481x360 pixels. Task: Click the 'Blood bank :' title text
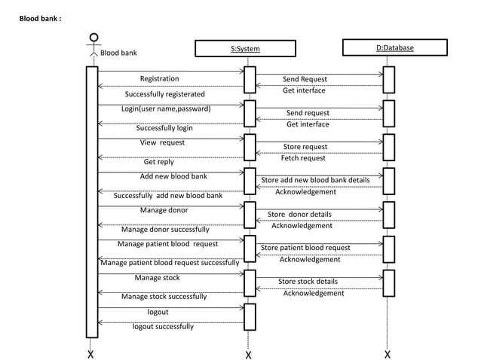point(45,16)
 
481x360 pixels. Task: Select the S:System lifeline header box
point(245,49)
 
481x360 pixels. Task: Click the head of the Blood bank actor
point(93,37)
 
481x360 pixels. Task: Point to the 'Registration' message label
point(159,78)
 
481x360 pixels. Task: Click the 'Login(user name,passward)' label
point(166,108)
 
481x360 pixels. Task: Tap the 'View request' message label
point(162,142)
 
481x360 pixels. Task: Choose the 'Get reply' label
point(158,162)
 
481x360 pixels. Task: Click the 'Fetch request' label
point(303,158)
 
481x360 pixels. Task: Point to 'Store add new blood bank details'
point(315,180)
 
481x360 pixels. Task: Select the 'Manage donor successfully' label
point(165,230)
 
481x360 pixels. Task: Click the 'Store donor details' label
point(299,215)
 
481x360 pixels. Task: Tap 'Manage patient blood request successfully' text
point(170,263)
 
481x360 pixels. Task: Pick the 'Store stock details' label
point(308,282)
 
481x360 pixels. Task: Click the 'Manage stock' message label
point(157,278)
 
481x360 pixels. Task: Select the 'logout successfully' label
point(163,327)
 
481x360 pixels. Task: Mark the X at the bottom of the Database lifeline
point(388,353)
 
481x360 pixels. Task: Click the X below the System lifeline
point(248,354)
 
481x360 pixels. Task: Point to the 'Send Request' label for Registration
point(305,79)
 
